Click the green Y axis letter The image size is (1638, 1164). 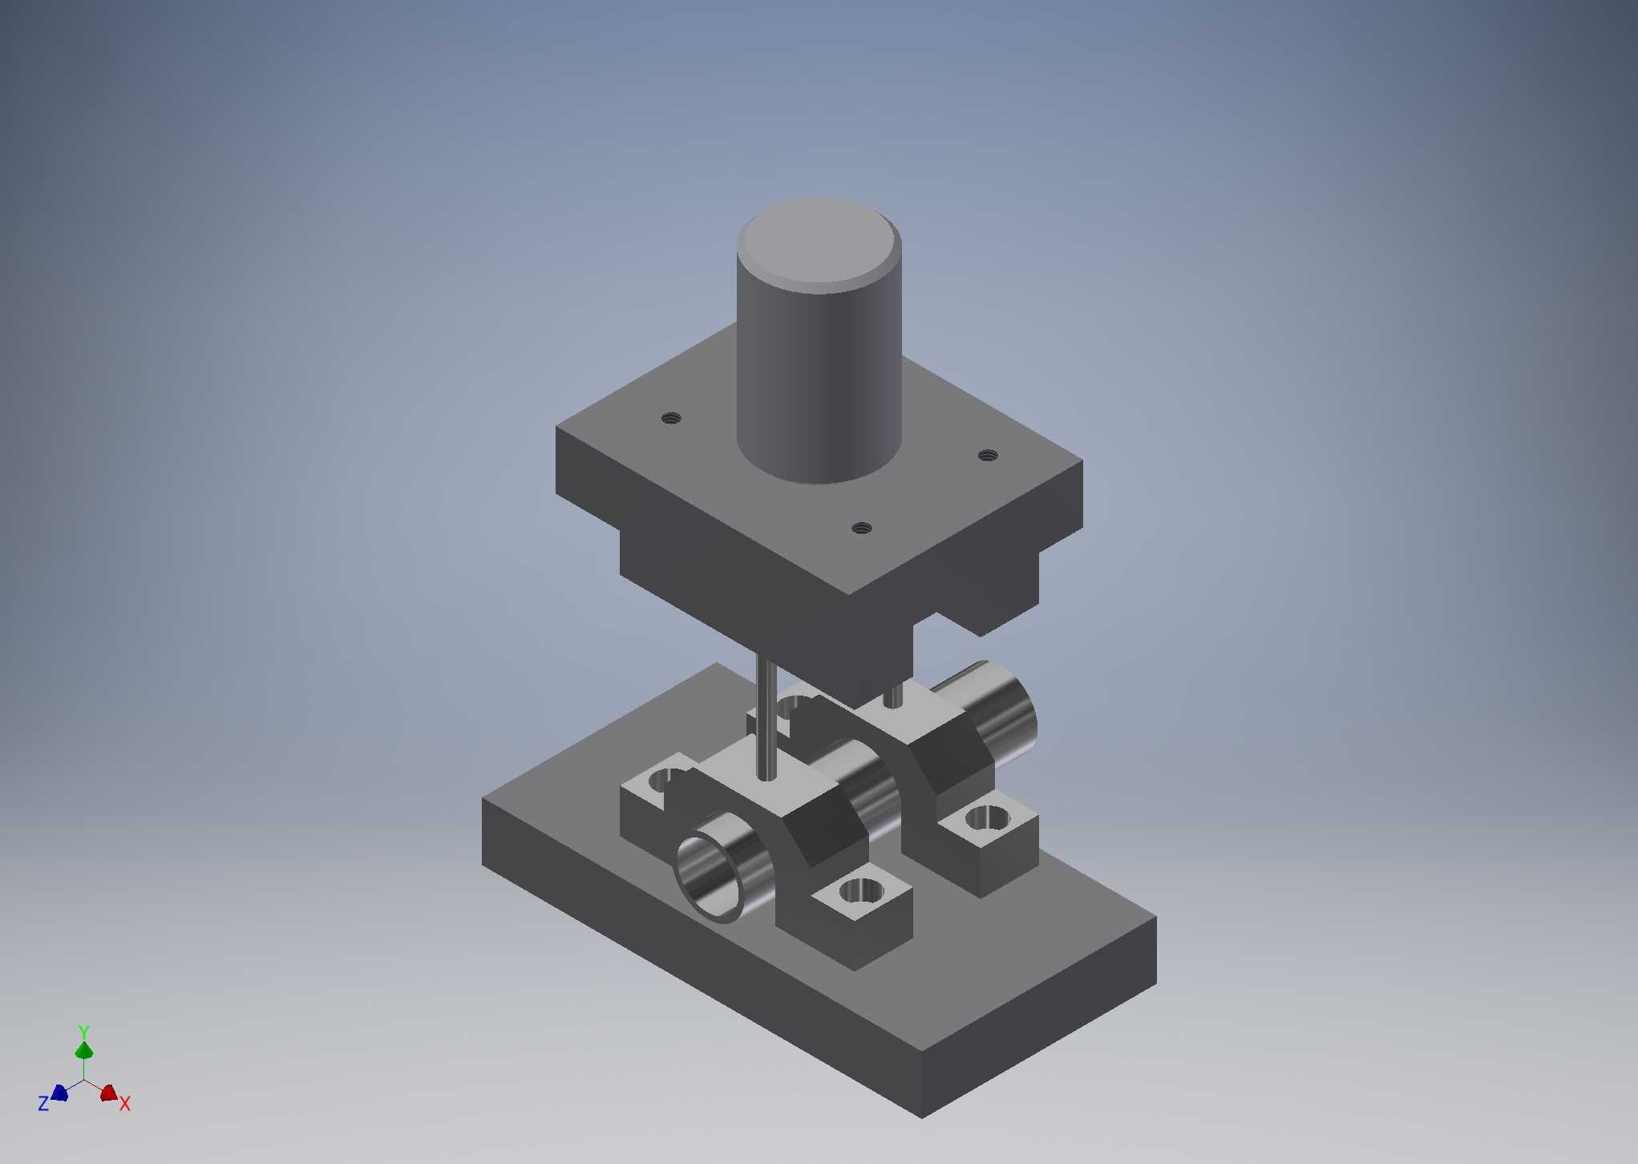tap(83, 1032)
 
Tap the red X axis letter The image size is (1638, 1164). tap(125, 1104)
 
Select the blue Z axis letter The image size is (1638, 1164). tap(43, 1104)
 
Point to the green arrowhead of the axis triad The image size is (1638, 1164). tap(84, 1050)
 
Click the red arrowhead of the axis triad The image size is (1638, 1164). tap(109, 1093)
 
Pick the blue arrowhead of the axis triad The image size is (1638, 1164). tap(59, 1092)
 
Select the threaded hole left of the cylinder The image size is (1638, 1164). tap(671, 418)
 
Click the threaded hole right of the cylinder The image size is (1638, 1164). tap(988, 456)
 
